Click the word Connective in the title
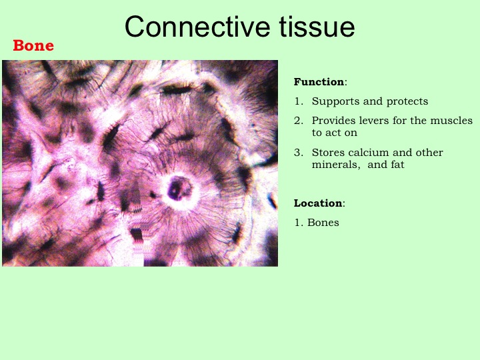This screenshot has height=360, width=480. point(197,27)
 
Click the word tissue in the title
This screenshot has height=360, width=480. point(317,27)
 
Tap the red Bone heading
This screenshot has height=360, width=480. point(33,45)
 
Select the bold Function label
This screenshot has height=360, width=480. point(319,82)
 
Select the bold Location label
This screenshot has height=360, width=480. point(318,203)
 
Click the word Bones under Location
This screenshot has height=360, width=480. point(323,223)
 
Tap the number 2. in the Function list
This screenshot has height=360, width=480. point(299,121)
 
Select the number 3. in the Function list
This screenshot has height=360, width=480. point(299,153)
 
